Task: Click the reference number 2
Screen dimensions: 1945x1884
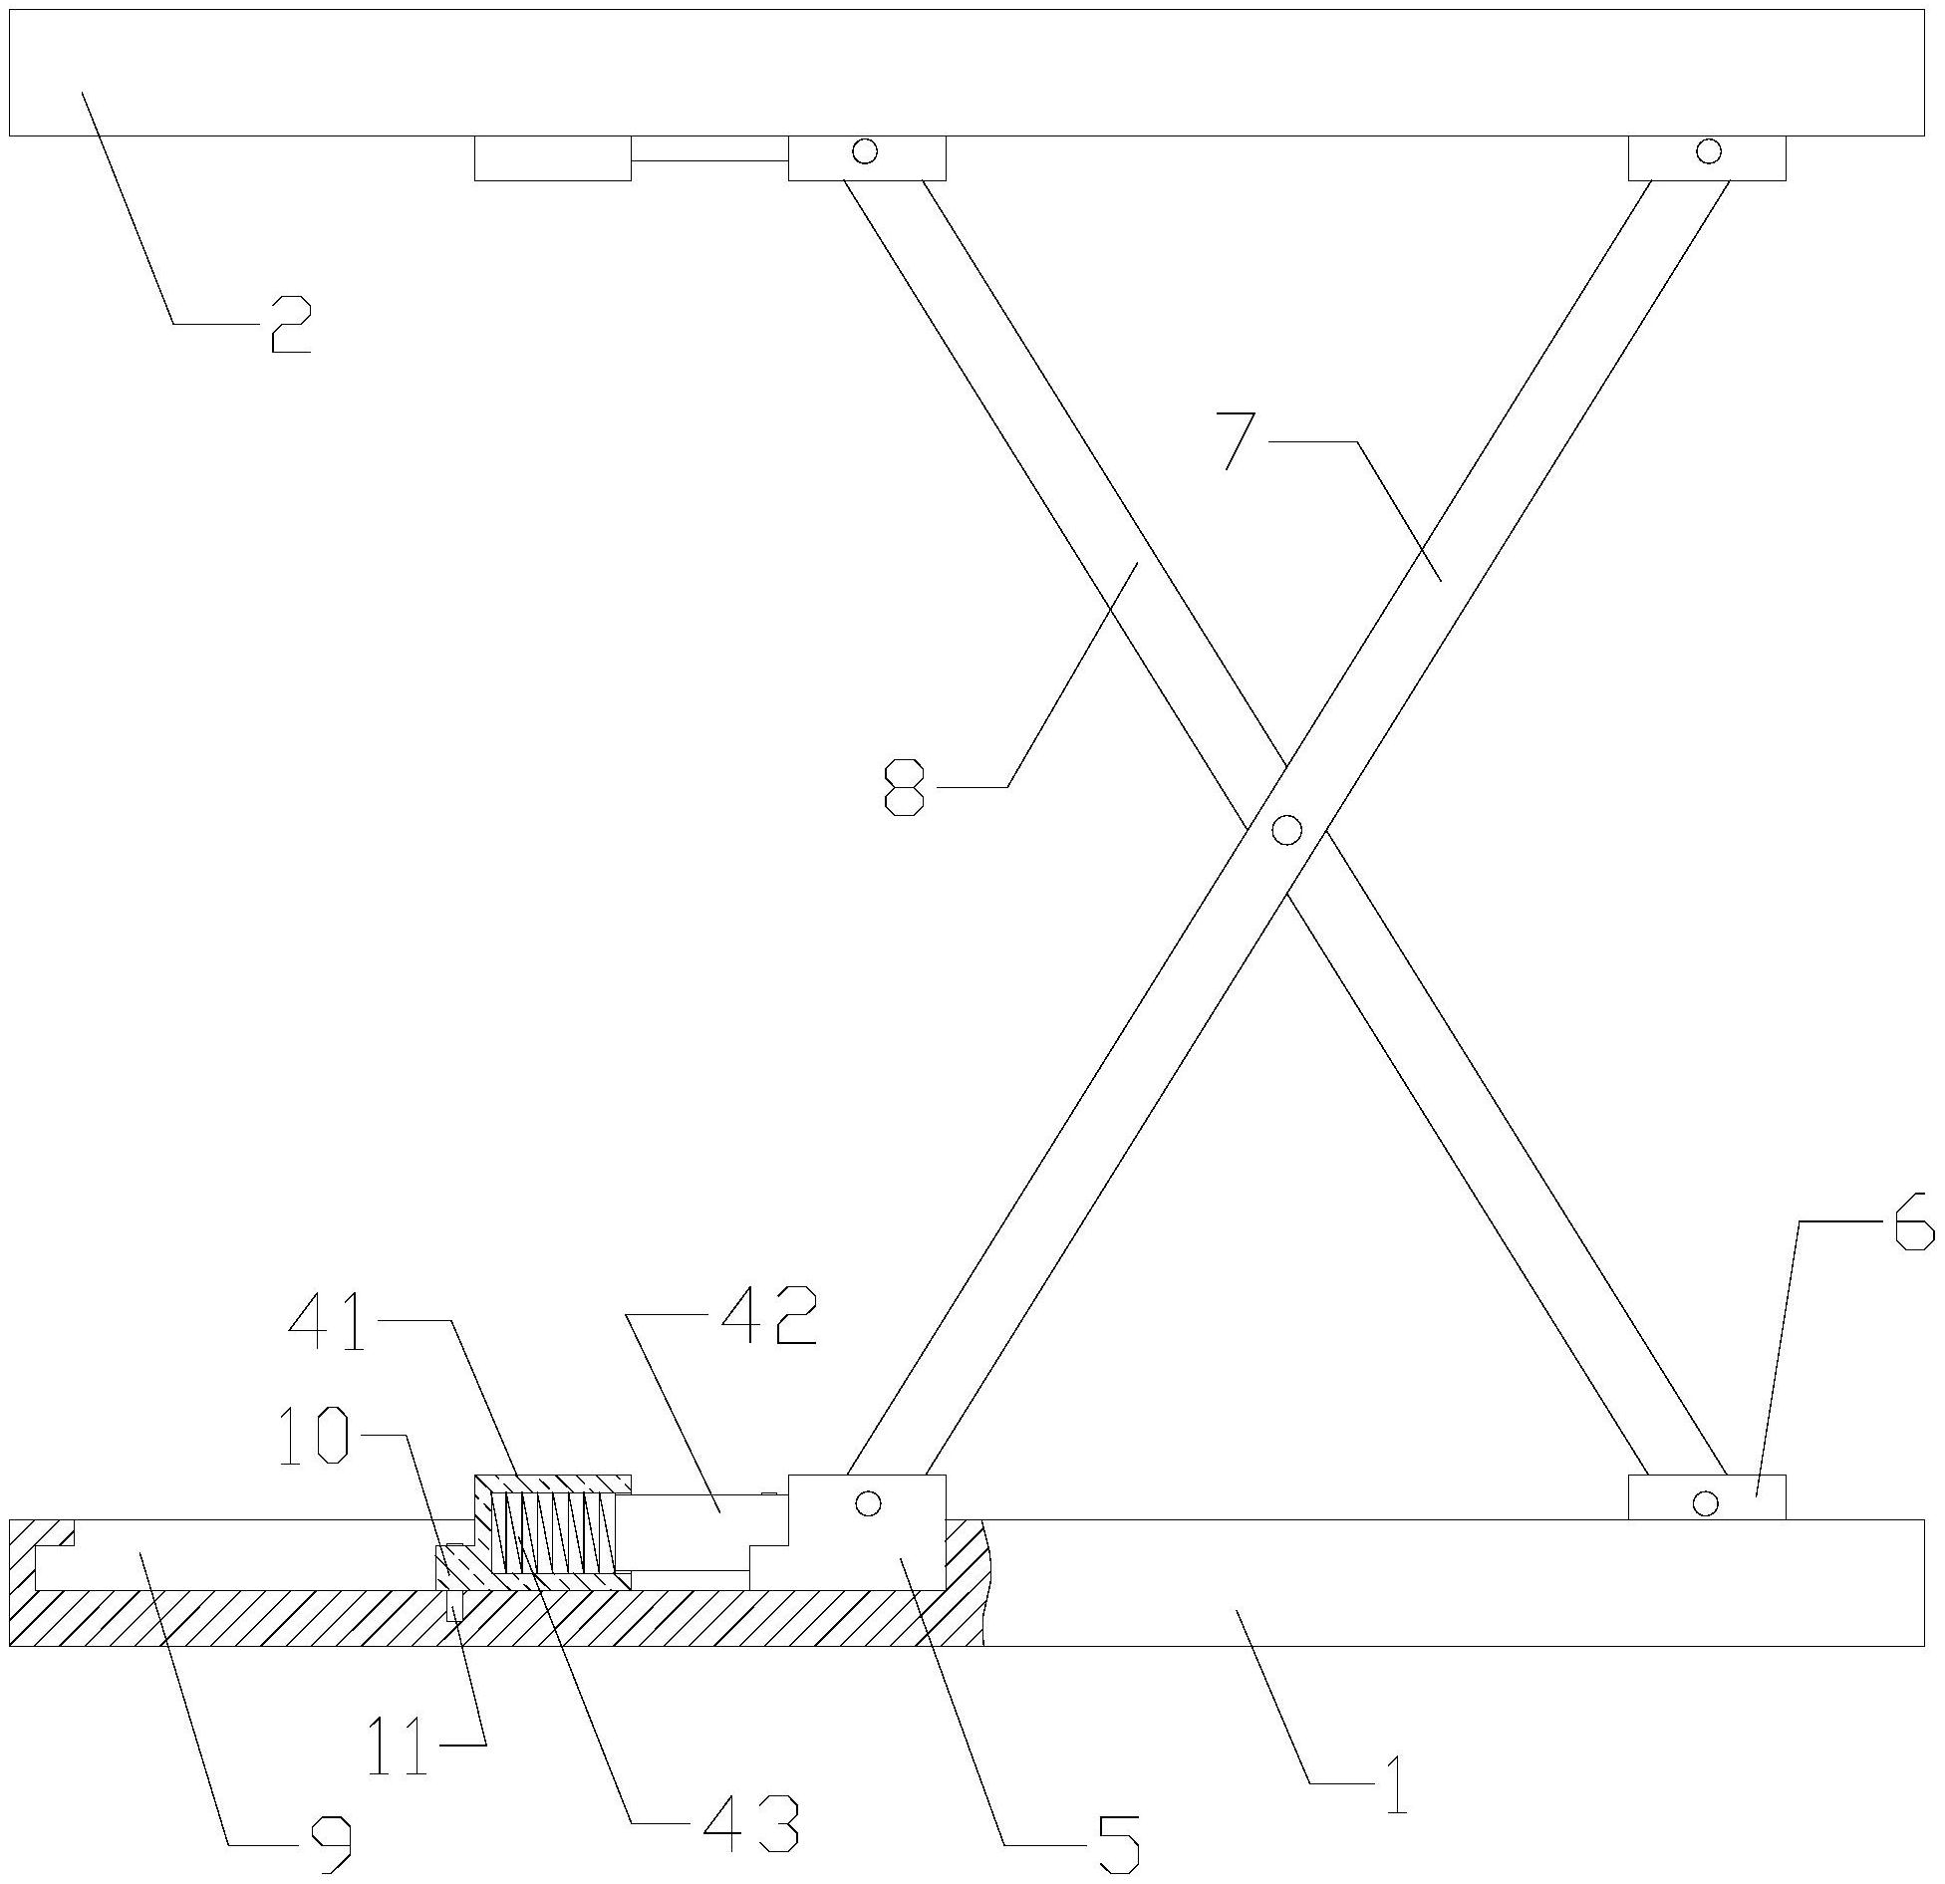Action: point(290,325)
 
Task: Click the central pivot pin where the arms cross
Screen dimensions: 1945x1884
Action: point(1286,829)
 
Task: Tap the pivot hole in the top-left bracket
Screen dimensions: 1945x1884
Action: point(865,151)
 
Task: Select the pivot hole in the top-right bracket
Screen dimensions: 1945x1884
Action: point(1709,151)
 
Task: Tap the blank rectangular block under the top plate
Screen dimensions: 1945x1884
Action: point(552,158)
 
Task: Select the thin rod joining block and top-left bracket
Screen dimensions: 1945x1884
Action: point(709,159)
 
